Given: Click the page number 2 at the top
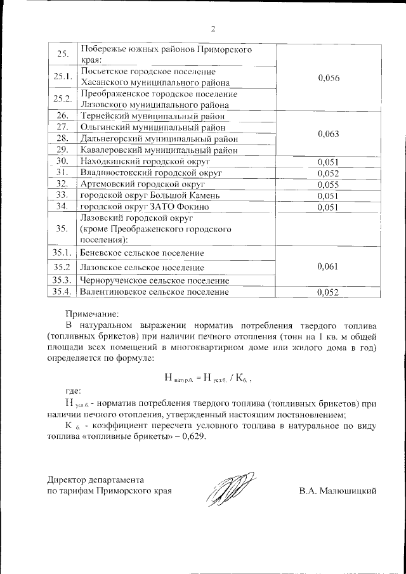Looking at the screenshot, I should (x=213, y=28).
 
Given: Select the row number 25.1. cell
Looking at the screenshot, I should (x=63, y=77).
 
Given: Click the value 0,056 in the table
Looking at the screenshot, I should (x=328, y=77).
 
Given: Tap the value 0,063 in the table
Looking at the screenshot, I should (x=328, y=133).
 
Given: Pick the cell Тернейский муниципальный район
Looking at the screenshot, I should (x=154, y=116).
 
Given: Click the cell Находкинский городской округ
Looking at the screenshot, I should (x=143, y=162).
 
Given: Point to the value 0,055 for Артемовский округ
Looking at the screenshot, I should (x=328, y=184).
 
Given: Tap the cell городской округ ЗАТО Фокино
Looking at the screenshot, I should (x=143, y=207).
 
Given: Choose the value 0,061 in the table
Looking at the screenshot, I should (x=328, y=266).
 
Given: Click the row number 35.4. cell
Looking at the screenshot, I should (x=63, y=292).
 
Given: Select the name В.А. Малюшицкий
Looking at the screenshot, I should (x=338, y=490).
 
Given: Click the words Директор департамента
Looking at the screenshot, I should (x=96, y=479).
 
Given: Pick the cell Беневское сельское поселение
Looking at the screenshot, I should (x=141, y=253).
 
